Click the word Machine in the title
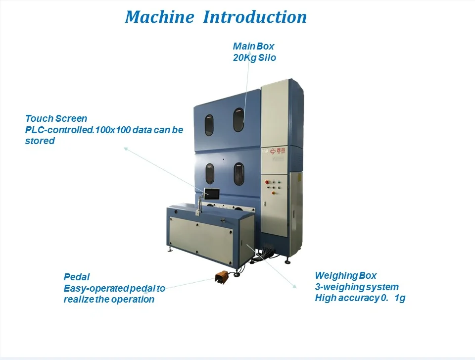point(159,17)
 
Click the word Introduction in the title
point(255,17)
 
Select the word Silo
point(267,57)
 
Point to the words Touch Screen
point(56,118)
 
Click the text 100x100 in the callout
point(113,130)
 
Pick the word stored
point(40,141)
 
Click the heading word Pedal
point(77,277)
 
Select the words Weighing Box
point(346,275)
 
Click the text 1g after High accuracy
point(400,298)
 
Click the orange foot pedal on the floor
point(222,276)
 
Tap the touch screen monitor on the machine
point(211,194)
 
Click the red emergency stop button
point(267,182)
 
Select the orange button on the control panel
point(273,193)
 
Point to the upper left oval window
point(209,125)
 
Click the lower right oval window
point(238,174)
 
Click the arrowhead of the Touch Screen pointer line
point(125,149)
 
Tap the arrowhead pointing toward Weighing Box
point(294,286)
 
